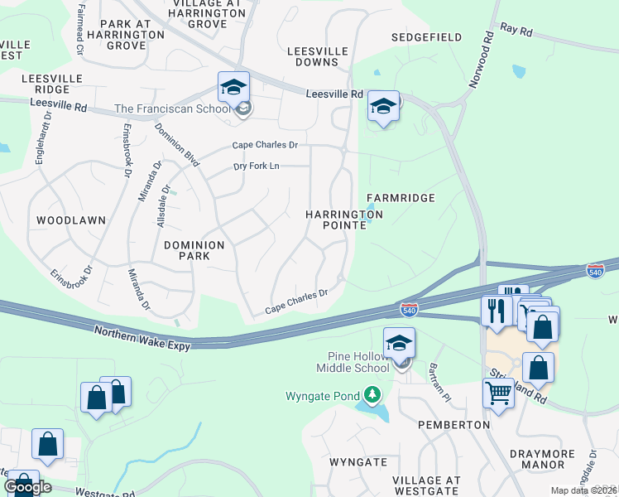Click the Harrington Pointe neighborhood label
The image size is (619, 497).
point(344,220)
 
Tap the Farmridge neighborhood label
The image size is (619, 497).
point(401,198)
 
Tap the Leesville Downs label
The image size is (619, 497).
point(317,56)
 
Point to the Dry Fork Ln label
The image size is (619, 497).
point(257,166)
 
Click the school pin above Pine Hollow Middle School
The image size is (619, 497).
point(399,344)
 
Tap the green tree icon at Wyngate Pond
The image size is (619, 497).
point(373,394)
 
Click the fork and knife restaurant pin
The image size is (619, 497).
point(497,311)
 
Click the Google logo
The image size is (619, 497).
point(28,487)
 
